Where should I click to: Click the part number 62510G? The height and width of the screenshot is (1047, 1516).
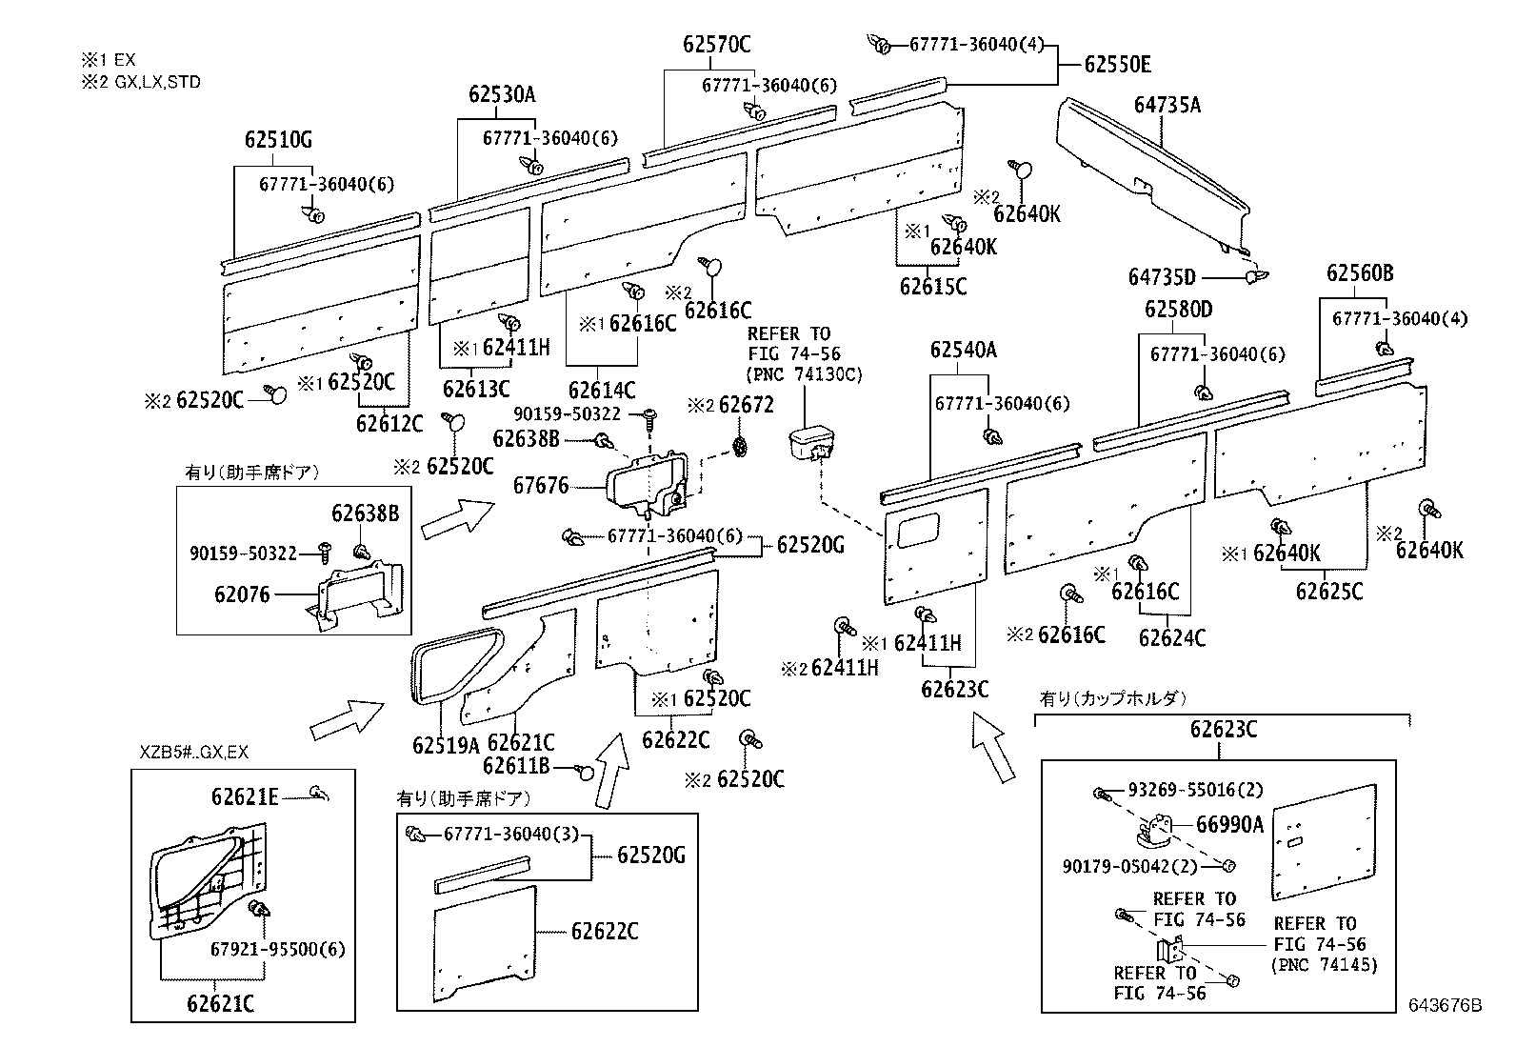coord(277,140)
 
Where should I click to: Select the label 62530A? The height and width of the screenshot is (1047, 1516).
coord(501,94)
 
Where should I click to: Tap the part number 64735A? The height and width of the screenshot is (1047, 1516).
coord(1167,105)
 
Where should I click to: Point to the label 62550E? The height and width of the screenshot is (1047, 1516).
coord(1118,65)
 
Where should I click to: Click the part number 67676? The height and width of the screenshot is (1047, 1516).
coord(541,486)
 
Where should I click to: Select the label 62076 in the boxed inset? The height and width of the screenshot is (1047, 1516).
coord(242,594)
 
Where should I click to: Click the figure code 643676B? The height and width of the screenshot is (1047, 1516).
coord(1446,1005)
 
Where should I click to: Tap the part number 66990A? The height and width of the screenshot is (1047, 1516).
coord(1229,825)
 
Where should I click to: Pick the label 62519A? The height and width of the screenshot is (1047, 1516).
coord(446,744)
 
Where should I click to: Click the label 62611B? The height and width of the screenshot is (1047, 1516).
coord(516,766)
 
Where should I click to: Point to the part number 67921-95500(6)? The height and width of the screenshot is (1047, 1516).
coord(278,950)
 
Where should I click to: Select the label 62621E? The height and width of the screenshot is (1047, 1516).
coord(245,796)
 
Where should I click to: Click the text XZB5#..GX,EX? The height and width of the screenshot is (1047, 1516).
coord(193,752)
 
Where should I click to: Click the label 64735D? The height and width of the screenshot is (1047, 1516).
coord(1162,277)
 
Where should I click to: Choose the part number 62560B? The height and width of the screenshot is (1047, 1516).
coord(1360,273)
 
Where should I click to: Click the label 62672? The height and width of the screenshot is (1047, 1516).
coord(746,406)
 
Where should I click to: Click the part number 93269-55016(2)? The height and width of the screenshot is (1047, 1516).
coord(1195,791)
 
